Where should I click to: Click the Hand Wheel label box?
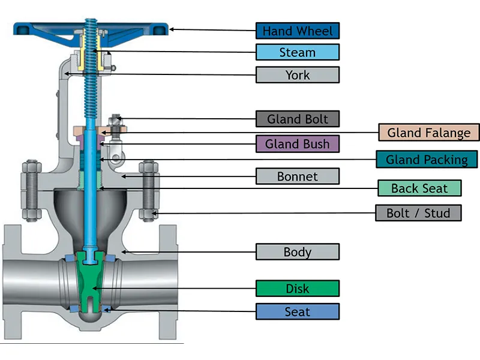pos(298,31)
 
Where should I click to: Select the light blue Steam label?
pos(298,52)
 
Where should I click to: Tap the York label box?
pos(298,74)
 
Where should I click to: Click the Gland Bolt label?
pos(298,118)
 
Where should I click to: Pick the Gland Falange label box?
pos(429,133)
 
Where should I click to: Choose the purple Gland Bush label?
pos(298,143)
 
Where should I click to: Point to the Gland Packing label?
pos(427,159)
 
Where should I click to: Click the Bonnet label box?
pos(298,176)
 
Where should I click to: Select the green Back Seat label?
pos(419,188)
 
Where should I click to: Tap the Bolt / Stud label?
pos(419,212)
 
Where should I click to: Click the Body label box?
pos(298,251)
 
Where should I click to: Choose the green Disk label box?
pos(298,289)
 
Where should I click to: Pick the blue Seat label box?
pos(298,311)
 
